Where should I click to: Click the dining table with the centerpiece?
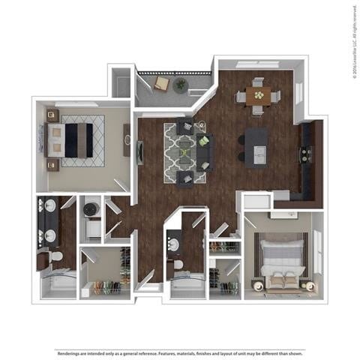[x=259, y=95]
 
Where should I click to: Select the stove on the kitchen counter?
[x=306, y=154]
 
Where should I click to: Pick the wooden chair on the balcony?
[x=160, y=83]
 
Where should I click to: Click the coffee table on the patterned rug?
[x=185, y=152]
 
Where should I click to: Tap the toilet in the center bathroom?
[x=178, y=268]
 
